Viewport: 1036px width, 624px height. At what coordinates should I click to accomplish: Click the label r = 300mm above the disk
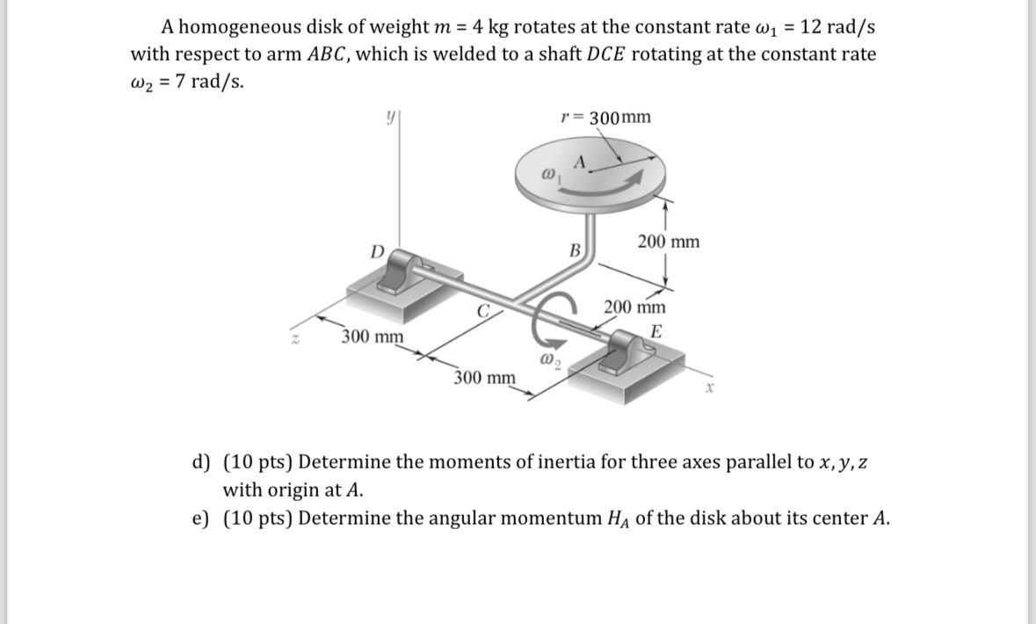click(x=605, y=118)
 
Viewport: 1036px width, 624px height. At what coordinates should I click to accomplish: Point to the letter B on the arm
click(x=576, y=250)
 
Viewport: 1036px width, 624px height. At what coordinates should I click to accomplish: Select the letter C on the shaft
click(x=482, y=309)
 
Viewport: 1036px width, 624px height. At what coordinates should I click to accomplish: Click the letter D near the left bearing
click(x=376, y=251)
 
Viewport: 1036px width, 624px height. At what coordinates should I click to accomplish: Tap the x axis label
click(x=708, y=385)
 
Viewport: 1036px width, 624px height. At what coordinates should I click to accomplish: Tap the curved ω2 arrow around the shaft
click(x=547, y=323)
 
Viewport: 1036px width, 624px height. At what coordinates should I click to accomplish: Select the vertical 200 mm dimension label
click(x=669, y=242)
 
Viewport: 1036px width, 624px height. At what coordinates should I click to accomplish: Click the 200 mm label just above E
click(x=634, y=308)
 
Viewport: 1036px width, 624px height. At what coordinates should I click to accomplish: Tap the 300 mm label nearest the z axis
click(x=373, y=337)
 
